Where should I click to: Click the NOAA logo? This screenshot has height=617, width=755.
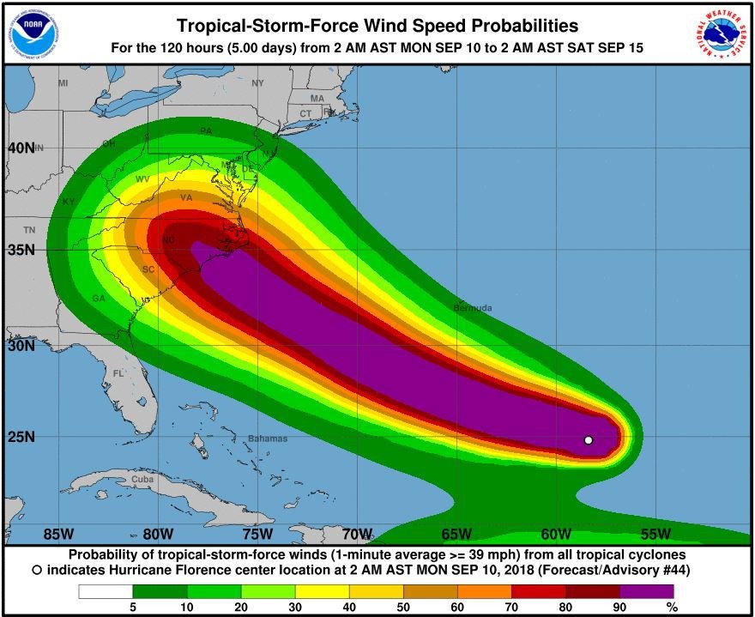tap(33, 32)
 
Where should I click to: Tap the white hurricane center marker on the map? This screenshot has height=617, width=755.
tap(589, 440)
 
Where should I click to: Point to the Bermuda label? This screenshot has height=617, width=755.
tap(473, 307)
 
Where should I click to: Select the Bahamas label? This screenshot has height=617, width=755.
tap(268, 439)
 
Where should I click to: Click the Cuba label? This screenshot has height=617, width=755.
tap(142, 479)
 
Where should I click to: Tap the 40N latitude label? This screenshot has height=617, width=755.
tap(21, 148)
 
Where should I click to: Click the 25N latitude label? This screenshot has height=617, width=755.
tap(21, 437)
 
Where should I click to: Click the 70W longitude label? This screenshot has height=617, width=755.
tap(356, 534)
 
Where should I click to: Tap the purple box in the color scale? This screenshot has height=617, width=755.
tap(646, 591)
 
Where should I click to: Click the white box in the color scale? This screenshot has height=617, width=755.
tap(106, 591)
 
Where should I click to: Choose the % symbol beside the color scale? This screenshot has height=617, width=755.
tap(672, 608)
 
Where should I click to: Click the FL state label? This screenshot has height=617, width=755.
tap(119, 373)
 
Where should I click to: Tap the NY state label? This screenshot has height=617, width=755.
tap(258, 83)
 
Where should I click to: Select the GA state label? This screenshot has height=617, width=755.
tap(99, 299)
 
